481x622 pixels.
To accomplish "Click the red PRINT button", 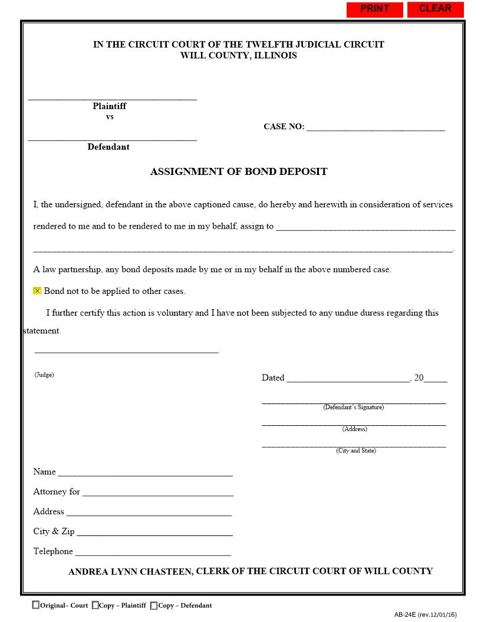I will (374, 9).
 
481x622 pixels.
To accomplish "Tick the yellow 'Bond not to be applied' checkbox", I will (37, 291).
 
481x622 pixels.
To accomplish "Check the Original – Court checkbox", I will (36, 605).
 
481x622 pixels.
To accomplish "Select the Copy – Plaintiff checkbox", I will (95, 605).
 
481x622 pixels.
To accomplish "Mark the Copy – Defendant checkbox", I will (154, 605).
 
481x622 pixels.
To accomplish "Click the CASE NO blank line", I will (375, 127).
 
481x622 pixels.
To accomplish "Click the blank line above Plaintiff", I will (112, 97).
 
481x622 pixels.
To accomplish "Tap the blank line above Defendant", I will (112, 138).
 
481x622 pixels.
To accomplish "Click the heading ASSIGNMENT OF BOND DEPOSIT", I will (239, 172).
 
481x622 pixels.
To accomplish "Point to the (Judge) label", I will (44, 375).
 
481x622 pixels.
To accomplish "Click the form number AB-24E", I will (405, 614).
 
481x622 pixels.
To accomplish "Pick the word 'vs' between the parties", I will (110, 117).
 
